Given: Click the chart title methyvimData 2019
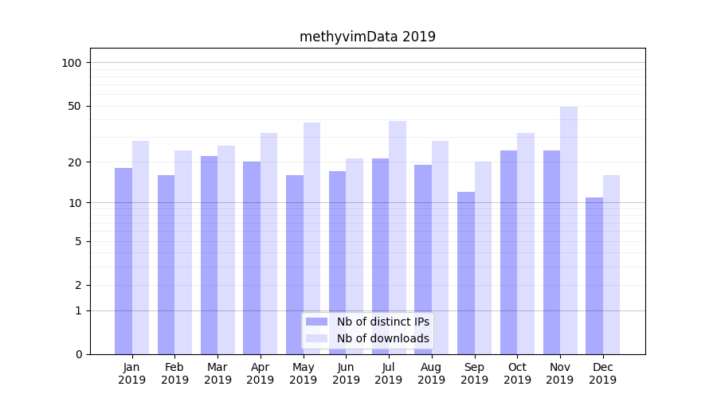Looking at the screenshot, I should pos(367,37).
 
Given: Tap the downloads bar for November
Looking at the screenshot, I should pos(569,230).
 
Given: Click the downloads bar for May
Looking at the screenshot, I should pos(312,238).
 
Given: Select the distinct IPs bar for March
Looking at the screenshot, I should pos(209,255).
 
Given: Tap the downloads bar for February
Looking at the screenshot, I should pos(183,252).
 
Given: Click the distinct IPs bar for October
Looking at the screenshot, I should pos(509,252).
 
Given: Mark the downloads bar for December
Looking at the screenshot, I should pos(612,264).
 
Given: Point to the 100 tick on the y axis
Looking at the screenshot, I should pos(72,63).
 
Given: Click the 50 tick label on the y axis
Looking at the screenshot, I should pos(74,107).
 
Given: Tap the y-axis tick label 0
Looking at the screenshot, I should pos(78,354).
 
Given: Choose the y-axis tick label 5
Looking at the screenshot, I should pos(78,241).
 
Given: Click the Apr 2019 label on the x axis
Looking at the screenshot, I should pos(261,373).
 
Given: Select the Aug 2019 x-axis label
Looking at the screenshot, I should pos(432,373).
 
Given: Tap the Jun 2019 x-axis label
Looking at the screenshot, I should pos(346,373).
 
